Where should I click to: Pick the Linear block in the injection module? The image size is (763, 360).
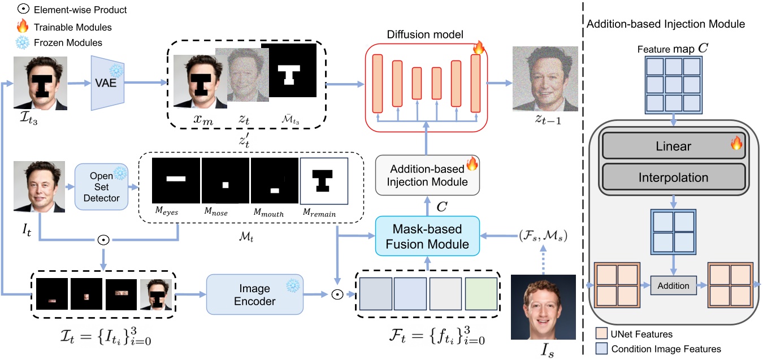674,147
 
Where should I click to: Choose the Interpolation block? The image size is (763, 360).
674,177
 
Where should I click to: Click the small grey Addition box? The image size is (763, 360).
673,285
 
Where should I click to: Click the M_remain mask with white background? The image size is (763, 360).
325,180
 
